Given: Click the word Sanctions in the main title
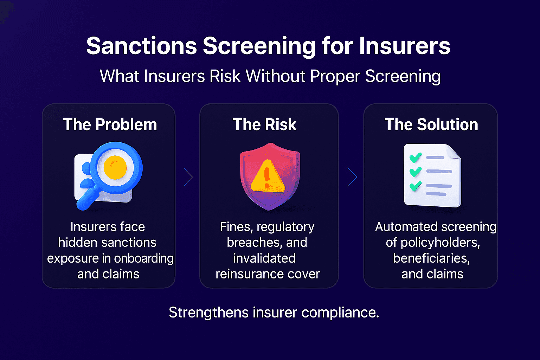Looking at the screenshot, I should [142, 46].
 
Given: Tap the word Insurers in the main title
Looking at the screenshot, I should [404, 46].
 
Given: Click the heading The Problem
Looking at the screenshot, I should [110, 125].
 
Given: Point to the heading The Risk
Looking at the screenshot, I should [264, 125].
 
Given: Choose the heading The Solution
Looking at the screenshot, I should [431, 125].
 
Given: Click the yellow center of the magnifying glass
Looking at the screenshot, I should [115, 167].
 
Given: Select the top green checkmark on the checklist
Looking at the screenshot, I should [416, 157].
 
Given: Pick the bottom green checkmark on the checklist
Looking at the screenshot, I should [416, 186].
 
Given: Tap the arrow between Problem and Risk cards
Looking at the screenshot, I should [188, 177].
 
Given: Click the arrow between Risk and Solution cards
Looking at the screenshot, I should [352, 177].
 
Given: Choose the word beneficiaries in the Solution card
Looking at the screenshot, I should [431, 258].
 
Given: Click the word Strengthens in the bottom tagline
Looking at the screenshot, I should [208, 313].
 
